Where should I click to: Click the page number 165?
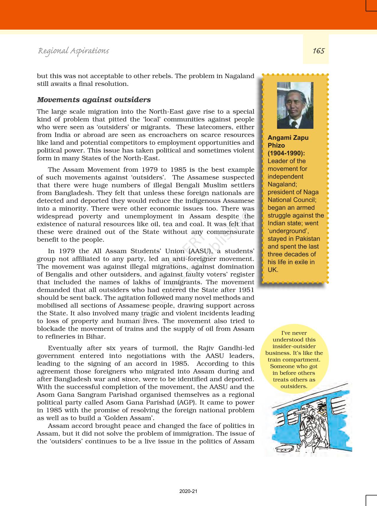click(x=318, y=51)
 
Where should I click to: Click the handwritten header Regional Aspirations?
click(x=73, y=51)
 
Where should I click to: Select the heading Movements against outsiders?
click(x=94, y=100)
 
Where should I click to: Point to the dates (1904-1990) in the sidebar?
click(x=286, y=153)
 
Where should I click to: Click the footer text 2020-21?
click(x=188, y=491)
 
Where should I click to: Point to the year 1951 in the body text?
click(x=246, y=290)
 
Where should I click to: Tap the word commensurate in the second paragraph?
click(x=230, y=232)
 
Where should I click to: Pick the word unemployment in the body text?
click(x=148, y=216)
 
